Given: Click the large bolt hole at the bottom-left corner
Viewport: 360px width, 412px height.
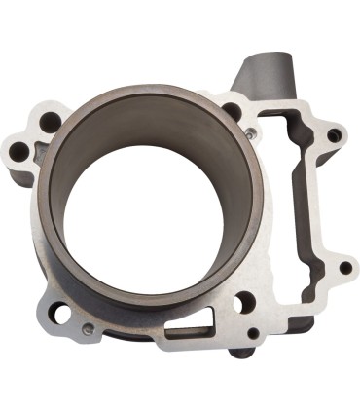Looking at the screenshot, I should [60, 314].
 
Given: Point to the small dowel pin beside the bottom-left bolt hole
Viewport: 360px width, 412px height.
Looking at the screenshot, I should [87, 328].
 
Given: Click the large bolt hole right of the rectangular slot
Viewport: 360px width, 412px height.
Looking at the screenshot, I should [243, 303].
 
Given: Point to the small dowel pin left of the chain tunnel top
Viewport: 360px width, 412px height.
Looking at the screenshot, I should [249, 131].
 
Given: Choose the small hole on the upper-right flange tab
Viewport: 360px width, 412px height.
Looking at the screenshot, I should [335, 135].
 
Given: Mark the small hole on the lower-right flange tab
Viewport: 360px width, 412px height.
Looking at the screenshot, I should [344, 267].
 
